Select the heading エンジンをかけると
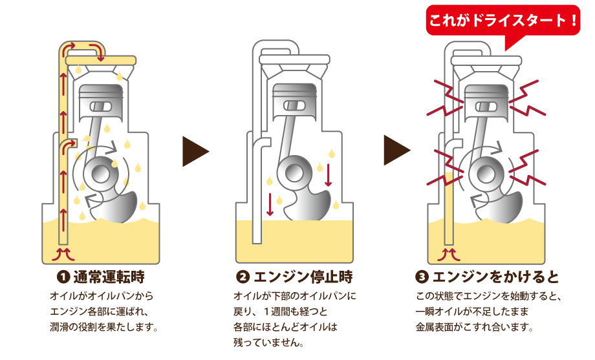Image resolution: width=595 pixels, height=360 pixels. point(495,277)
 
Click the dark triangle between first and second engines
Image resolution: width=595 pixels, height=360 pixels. point(195,151)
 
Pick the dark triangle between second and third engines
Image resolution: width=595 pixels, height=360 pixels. point(396,151)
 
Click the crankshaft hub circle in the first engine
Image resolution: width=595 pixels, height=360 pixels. point(102,173)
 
